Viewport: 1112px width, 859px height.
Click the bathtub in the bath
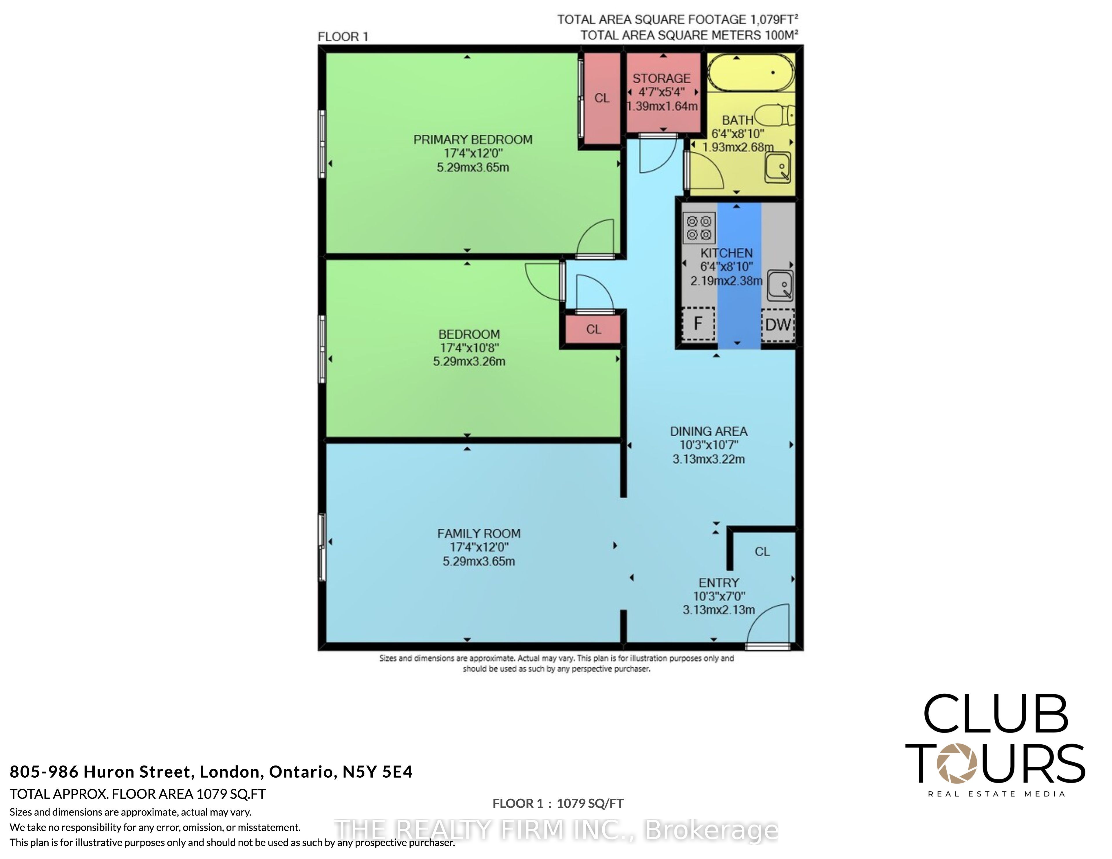click(751, 72)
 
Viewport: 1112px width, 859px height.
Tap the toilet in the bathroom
click(774, 115)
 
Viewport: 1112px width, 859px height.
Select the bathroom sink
click(778, 167)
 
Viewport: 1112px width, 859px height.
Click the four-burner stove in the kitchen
click(699, 228)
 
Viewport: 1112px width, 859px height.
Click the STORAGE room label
click(661, 78)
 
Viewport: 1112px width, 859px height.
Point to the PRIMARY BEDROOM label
click(473, 140)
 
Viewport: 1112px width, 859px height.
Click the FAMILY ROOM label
click(479, 534)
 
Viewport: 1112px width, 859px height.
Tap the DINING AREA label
click(708, 431)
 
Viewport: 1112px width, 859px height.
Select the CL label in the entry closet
click(762, 552)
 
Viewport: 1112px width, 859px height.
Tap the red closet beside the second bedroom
click(593, 329)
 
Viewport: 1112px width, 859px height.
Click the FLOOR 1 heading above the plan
click(343, 37)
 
